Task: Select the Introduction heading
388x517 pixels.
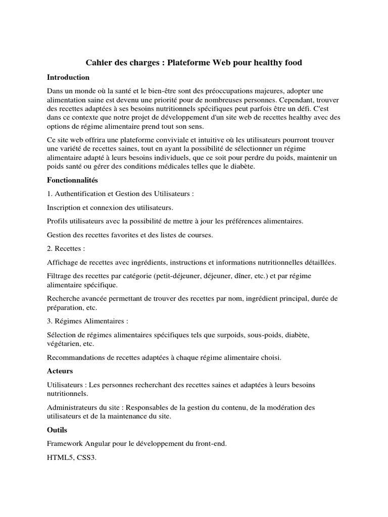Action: pos(68,77)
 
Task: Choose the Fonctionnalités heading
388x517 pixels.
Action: pos(72,180)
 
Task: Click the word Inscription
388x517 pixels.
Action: pos(65,208)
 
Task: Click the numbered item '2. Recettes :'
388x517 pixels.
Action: pos(66,248)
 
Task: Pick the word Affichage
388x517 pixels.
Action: pos(63,262)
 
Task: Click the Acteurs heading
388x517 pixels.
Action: pos(60,371)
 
